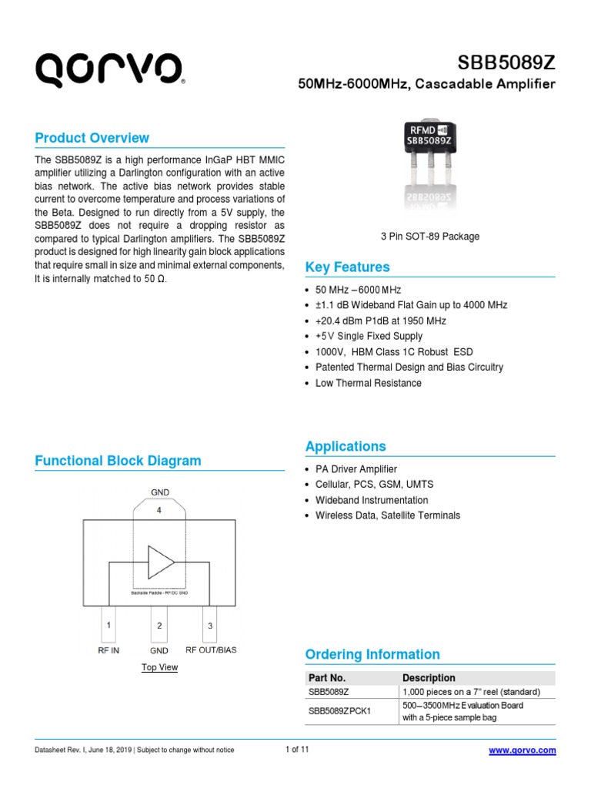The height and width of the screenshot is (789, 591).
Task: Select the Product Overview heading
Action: coord(92,138)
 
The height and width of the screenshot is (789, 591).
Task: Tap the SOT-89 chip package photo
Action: coord(429,163)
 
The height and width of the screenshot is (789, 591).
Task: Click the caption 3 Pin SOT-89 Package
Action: coord(429,237)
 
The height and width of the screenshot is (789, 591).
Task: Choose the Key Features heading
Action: coord(348,267)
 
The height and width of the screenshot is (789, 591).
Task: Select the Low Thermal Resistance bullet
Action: coord(368,383)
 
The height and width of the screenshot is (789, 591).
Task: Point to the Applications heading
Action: coord(346,446)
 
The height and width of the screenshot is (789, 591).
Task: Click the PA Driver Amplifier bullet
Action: coord(356,468)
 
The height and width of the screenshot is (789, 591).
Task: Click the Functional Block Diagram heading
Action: coord(119,461)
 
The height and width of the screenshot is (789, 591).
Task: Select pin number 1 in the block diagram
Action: coord(109,625)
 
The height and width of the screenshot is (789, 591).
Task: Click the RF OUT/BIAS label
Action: coord(211,650)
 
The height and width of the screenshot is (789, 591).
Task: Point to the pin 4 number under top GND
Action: coord(159,509)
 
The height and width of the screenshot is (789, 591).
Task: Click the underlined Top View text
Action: coord(159,667)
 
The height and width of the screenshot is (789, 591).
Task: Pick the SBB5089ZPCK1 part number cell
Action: coord(339,710)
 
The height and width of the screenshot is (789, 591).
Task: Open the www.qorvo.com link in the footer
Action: coord(523,750)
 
